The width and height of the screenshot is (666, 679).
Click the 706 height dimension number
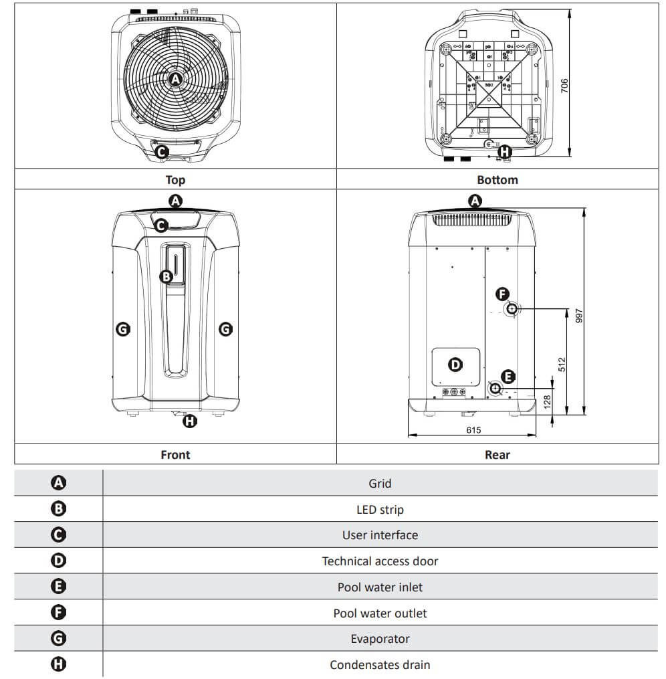pyautogui.click(x=564, y=85)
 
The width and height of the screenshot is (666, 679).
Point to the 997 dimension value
pyautogui.click(x=579, y=315)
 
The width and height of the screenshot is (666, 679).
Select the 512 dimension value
pyautogui.click(x=562, y=364)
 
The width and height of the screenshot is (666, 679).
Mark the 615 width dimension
pyautogui.click(x=473, y=430)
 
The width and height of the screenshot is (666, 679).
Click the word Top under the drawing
pyautogui.click(x=175, y=179)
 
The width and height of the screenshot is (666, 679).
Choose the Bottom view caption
pyautogui.click(x=497, y=179)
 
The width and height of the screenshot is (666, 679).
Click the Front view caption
pyautogui.click(x=175, y=454)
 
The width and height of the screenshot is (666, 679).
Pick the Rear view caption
pyautogui.click(x=497, y=454)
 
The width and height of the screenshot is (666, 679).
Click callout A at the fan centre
pyautogui.click(x=175, y=79)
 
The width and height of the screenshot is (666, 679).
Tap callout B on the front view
pyautogui.click(x=166, y=276)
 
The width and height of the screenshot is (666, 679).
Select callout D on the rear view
pyautogui.click(x=455, y=365)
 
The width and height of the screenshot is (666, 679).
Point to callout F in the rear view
pyautogui.click(x=502, y=293)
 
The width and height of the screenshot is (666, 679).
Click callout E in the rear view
pyautogui.click(x=508, y=376)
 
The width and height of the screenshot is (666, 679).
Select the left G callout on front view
pyautogui.click(x=123, y=328)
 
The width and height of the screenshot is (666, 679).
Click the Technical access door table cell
pyautogui.click(x=380, y=561)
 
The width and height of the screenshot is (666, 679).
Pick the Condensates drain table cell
pyautogui.click(x=380, y=664)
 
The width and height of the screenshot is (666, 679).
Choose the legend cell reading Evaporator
pyautogui.click(x=380, y=639)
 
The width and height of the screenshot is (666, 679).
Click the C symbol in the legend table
pyautogui.click(x=58, y=535)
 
